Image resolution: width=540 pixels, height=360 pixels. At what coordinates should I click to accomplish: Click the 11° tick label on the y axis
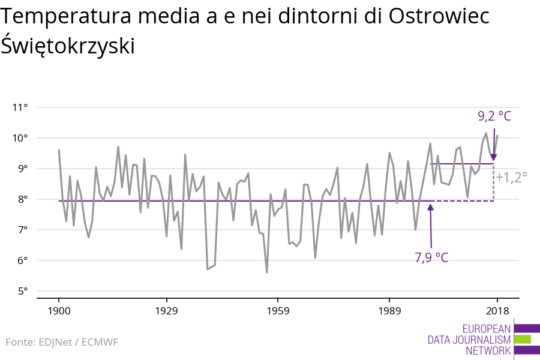(x=20, y=107)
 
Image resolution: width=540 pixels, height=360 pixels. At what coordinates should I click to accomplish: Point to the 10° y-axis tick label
(x=20, y=138)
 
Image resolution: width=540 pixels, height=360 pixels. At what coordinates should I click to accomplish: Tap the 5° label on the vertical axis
(x=22, y=291)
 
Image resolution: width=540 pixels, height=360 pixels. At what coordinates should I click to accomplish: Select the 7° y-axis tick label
(x=22, y=230)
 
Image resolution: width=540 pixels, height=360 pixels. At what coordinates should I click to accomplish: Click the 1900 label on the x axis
(x=59, y=311)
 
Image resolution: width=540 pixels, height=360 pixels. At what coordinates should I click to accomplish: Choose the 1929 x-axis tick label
(x=166, y=311)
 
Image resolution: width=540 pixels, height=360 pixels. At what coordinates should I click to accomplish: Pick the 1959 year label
(x=278, y=311)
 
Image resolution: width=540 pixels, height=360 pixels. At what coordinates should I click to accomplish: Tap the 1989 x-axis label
(x=389, y=311)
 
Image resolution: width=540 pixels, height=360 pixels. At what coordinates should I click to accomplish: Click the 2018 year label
(x=497, y=311)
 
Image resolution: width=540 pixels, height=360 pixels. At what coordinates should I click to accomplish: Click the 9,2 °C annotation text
(x=494, y=116)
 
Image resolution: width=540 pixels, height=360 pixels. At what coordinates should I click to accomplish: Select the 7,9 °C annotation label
(x=431, y=257)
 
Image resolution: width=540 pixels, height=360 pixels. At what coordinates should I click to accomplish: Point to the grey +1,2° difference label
(x=511, y=177)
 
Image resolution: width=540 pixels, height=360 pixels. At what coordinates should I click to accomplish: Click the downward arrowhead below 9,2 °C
(x=494, y=157)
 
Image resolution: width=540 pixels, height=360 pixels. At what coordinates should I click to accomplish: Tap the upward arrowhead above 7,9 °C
(x=430, y=208)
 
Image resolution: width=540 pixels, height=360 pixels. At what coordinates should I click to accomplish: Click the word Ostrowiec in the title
(x=439, y=16)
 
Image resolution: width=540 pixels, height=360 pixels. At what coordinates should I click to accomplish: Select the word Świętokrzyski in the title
(x=68, y=46)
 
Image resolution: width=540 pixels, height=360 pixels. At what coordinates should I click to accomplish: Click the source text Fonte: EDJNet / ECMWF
(x=62, y=342)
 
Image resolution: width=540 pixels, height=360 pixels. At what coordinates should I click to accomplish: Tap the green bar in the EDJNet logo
(x=523, y=340)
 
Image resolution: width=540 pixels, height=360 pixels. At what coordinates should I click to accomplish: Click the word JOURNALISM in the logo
(x=481, y=340)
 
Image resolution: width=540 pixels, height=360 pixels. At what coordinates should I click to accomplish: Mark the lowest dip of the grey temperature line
(x=267, y=272)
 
